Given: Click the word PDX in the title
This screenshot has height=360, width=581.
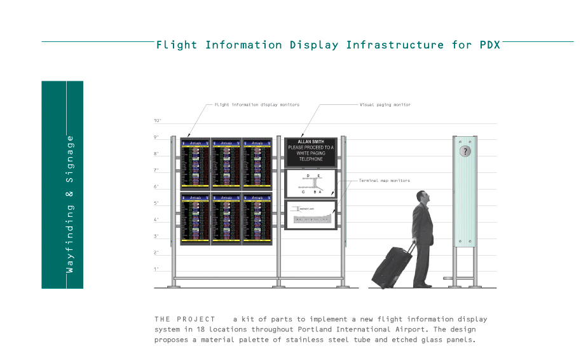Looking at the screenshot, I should click(489, 45).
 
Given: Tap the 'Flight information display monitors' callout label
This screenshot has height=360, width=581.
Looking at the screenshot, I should click(257, 104).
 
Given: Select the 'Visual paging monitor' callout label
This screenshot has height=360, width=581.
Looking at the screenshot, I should click(385, 104).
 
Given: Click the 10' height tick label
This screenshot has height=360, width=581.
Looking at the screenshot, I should click(157, 120).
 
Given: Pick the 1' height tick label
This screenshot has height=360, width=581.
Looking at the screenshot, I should click(156, 269).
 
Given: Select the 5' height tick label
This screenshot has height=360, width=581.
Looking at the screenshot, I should click(156, 203).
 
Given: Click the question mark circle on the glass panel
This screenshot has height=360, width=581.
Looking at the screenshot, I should click(465, 151).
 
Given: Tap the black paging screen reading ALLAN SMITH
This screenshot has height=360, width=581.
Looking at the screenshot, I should click(310, 151).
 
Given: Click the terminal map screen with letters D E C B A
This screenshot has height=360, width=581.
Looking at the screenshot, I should click(310, 183).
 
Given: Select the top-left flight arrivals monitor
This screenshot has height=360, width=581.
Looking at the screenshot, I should click(195, 163).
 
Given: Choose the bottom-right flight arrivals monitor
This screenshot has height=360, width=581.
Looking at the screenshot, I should click(257, 219).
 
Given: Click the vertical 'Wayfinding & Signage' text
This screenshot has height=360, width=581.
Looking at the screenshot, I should click(70, 204).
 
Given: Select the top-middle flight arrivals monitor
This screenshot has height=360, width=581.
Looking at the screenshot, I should click(226, 163).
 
